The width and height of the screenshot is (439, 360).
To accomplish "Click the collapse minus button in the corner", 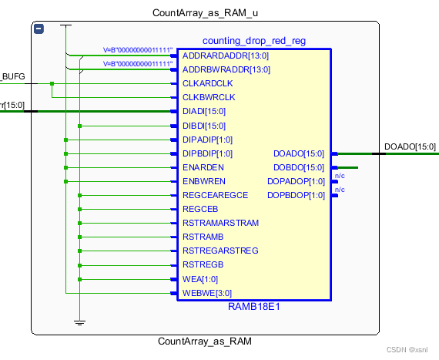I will [39, 29].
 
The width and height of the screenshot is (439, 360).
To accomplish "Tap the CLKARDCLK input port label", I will [208, 84].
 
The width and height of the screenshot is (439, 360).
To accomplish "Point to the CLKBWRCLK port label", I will [208, 98].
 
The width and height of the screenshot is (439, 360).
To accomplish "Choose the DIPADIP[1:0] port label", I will [207, 140].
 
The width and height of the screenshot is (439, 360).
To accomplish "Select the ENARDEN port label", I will [203, 167].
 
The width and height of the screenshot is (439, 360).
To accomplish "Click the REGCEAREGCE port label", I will [215, 195].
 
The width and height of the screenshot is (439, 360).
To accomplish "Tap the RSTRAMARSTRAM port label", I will [220, 223].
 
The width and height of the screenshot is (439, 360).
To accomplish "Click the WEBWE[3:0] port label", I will [206, 293].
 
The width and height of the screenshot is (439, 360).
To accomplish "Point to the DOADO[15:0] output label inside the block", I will [299, 153].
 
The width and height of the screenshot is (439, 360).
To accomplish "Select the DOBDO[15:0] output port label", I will [299, 167].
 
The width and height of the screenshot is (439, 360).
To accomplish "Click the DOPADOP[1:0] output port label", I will [296, 181].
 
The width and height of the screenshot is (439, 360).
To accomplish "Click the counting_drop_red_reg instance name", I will [253, 41].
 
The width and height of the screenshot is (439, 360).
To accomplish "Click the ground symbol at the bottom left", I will [79, 322].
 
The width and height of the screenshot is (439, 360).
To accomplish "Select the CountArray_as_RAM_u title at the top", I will [205, 13].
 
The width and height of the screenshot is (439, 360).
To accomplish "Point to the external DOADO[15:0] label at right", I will [409, 146].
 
